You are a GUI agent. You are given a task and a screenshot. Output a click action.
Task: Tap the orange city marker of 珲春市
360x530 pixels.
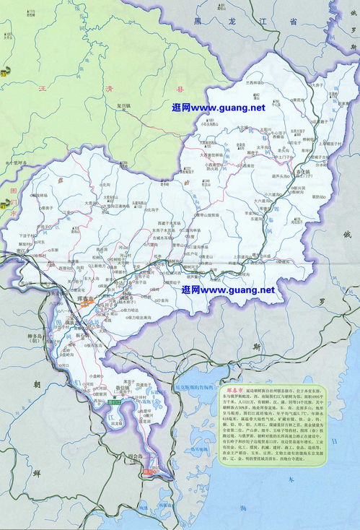pyautogui.click(x=85, y=305)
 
